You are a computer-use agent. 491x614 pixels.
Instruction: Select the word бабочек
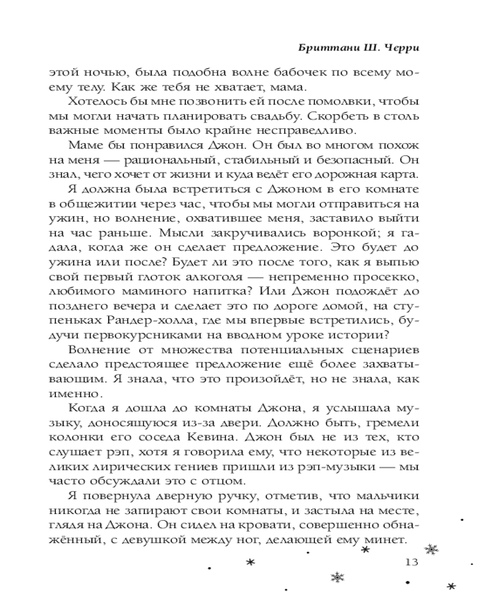click(x=289, y=73)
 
